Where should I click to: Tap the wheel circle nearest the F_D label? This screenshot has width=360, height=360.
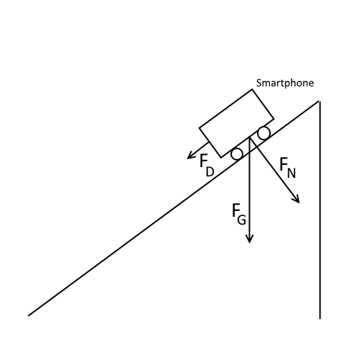point(236,154)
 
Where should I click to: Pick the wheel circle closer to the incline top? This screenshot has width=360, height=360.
point(264,133)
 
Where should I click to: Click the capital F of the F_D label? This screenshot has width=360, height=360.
point(204,161)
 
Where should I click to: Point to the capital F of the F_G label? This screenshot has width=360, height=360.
point(236,210)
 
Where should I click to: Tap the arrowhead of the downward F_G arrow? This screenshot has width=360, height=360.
point(249,239)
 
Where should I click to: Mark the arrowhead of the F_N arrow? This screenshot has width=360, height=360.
point(297,200)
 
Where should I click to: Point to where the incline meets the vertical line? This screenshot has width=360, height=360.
point(319,102)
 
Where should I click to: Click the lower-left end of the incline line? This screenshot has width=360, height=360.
point(29,315)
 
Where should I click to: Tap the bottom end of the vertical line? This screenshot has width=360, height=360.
point(320,318)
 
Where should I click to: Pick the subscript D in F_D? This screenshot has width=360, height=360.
point(210,171)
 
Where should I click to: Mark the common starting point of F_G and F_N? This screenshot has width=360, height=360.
point(249,138)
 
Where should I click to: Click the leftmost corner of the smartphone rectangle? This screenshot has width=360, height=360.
point(199,129)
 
